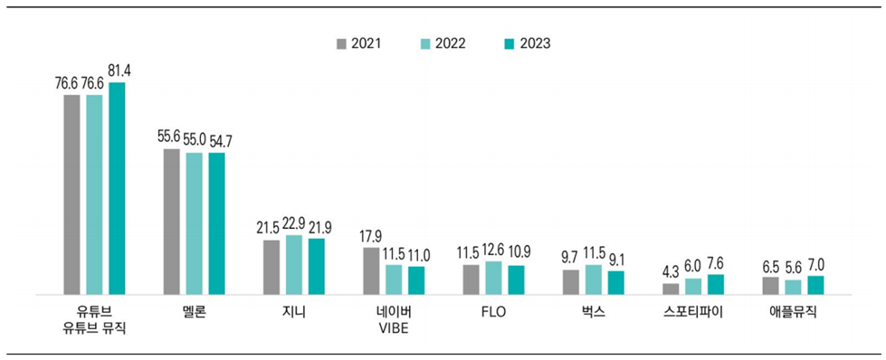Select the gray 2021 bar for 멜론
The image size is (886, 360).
[x=171, y=222]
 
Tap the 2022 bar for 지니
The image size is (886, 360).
[x=294, y=264]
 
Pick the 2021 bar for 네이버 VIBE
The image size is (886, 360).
[x=371, y=270]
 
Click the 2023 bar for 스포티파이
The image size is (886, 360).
[x=715, y=284]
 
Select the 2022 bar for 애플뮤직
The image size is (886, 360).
[x=793, y=287]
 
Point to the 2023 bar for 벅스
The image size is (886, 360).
[x=615, y=282]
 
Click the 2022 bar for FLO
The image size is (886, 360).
[x=493, y=278]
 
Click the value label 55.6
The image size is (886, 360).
[x=171, y=137]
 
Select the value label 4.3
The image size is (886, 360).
[x=671, y=271]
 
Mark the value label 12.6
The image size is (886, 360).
[x=493, y=250]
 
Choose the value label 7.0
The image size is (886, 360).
[x=815, y=264]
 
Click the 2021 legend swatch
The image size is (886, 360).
[x=342, y=43]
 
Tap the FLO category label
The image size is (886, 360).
[x=493, y=312]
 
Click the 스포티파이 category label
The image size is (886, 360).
[x=692, y=312]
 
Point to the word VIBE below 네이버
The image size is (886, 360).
[x=394, y=328]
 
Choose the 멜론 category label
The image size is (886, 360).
[x=194, y=312]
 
